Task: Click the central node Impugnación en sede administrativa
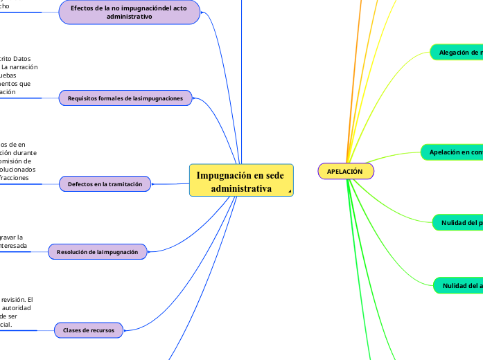[x=241, y=181]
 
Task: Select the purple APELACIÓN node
[x=345, y=171]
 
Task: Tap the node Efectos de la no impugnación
[x=130, y=12]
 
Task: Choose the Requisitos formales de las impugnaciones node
[x=125, y=98]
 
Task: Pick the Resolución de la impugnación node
[x=98, y=252]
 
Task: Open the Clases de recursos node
[x=89, y=330]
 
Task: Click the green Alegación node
[x=456, y=52]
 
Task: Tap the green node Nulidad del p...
[x=457, y=223]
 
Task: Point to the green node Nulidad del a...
[x=458, y=285]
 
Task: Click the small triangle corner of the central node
[x=289, y=192]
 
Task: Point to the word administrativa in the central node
[x=241, y=188]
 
